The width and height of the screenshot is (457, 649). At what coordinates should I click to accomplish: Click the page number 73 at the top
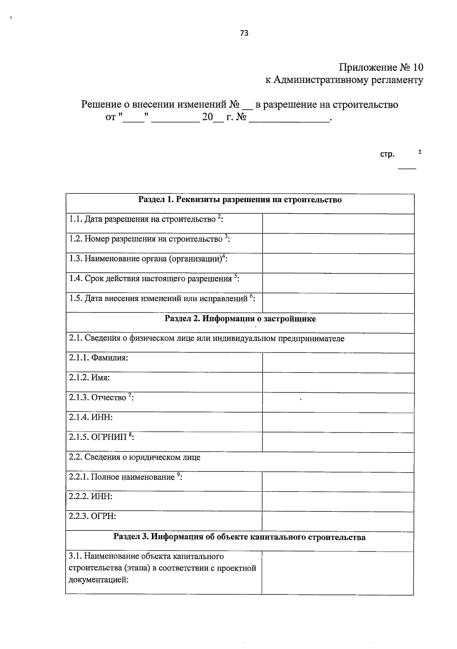[244, 33]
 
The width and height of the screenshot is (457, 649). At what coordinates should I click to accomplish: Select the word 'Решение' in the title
[101, 104]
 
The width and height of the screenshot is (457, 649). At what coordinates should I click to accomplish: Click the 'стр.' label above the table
[387, 154]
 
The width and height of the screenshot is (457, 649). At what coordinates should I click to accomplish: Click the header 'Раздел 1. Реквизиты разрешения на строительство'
[240, 200]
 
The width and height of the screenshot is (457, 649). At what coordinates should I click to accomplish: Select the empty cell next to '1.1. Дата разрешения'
[338, 224]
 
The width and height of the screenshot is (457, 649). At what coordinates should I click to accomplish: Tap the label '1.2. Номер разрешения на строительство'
[150, 239]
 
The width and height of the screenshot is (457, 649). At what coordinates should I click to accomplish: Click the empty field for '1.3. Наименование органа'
[338, 263]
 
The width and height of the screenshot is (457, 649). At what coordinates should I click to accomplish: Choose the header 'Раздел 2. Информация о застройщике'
[240, 319]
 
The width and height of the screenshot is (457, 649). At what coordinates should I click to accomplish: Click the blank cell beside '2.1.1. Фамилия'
[338, 363]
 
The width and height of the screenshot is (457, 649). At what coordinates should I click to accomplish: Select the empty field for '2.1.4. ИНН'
[338, 422]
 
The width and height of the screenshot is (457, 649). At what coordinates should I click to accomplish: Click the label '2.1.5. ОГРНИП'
[101, 437]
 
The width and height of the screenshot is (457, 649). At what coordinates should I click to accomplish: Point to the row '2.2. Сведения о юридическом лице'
[134, 457]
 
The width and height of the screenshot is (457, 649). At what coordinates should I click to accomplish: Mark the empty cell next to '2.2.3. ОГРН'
[338, 521]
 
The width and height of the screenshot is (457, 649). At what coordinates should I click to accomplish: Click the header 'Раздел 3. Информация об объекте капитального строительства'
[240, 537]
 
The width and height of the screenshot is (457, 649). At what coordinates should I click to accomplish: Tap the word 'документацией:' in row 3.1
[98, 580]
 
